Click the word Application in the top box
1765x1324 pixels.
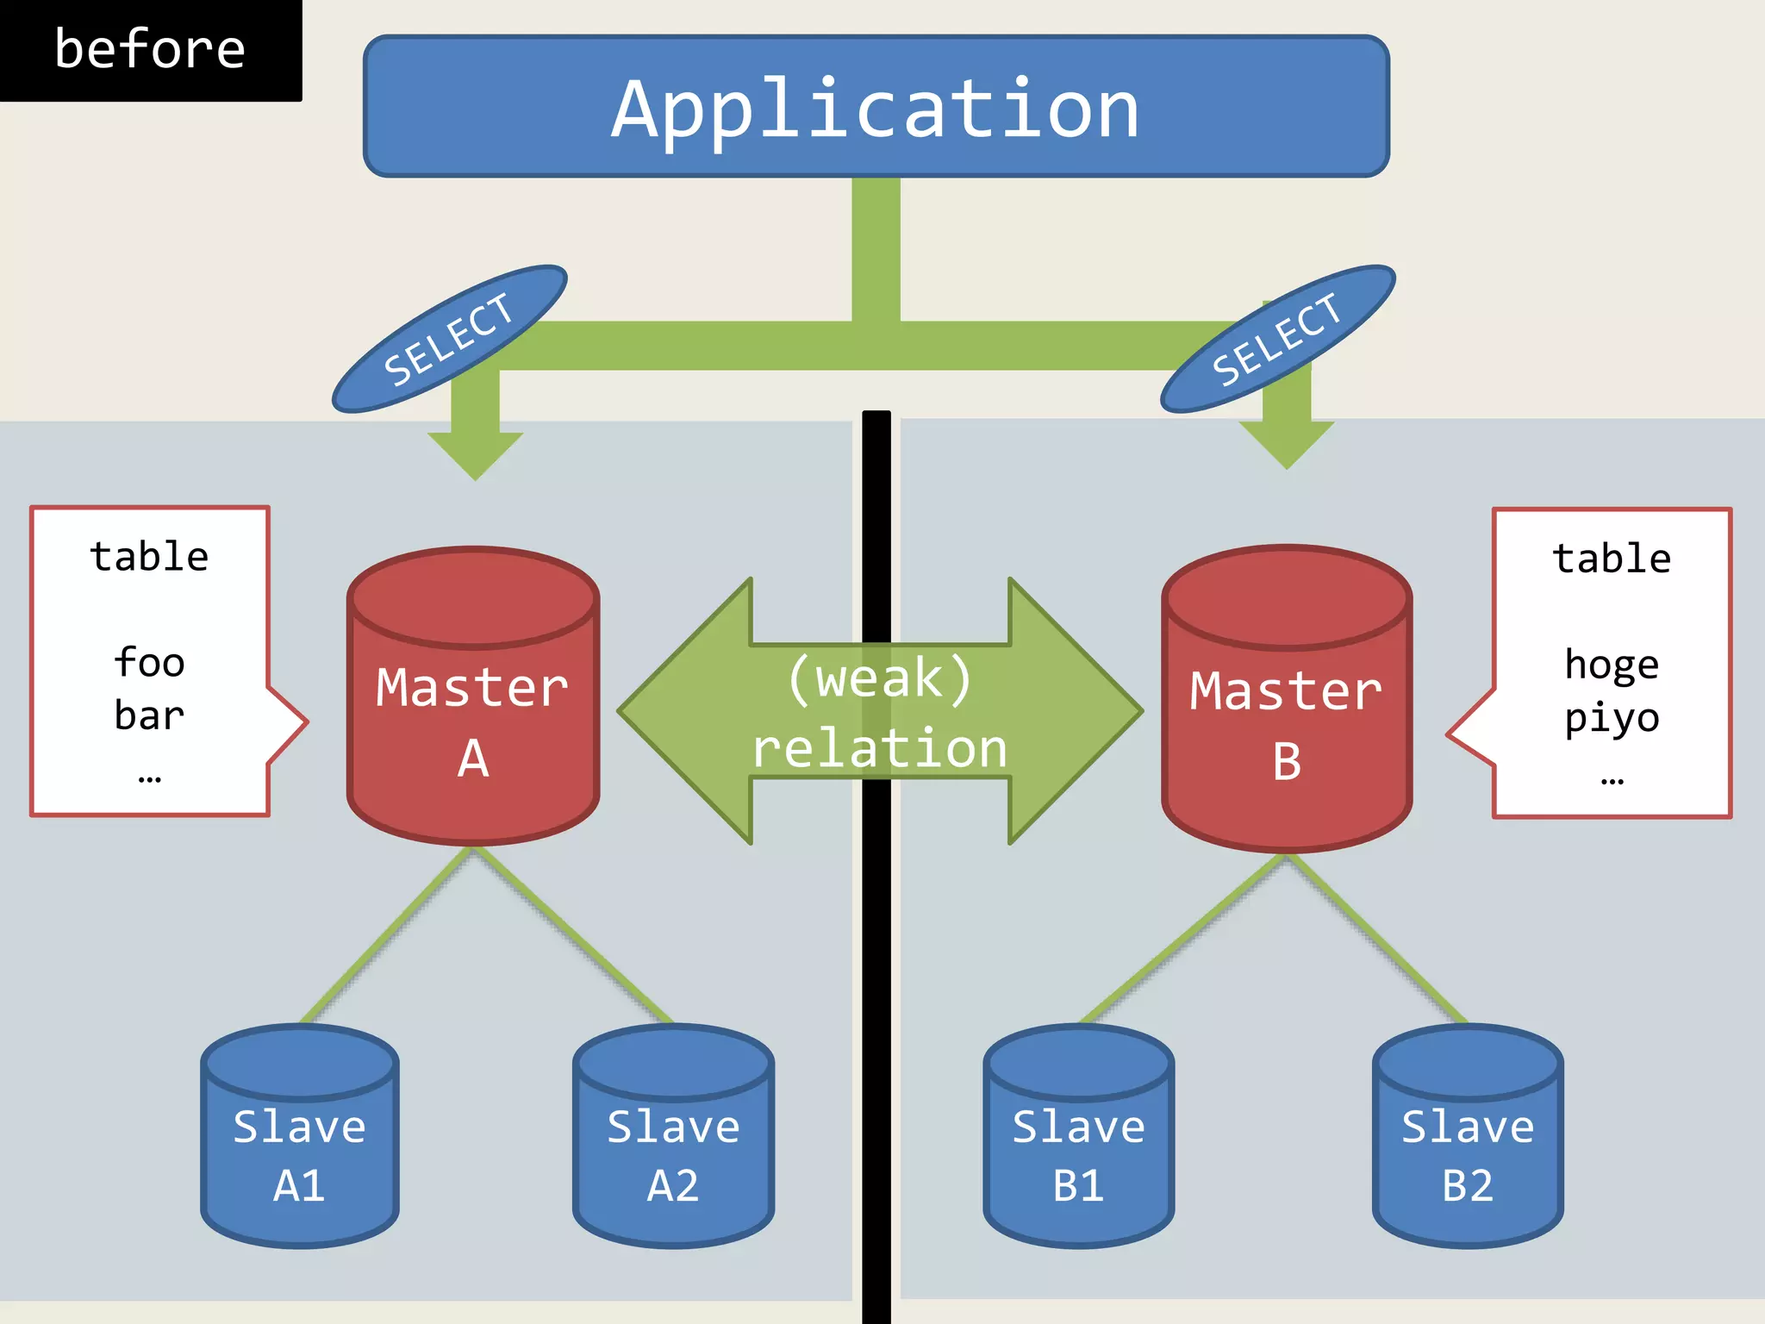(x=876, y=110)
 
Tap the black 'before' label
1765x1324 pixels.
(x=150, y=49)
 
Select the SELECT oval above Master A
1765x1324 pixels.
(x=449, y=339)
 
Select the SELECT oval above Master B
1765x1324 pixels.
(x=1277, y=339)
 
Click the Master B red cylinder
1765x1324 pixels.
(x=1286, y=724)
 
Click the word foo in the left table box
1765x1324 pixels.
(x=149, y=663)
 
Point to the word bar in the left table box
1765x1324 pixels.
(x=149, y=715)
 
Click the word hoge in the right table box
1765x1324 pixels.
(x=1611, y=665)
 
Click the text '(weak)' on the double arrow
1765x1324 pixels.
(x=879, y=678)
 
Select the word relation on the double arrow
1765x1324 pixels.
(x=879, y=748)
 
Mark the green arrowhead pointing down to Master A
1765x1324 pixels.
(x=475, y=453)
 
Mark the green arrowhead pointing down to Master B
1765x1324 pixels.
(x=1286, y=443)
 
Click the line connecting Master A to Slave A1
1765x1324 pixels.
(x=388, y=934)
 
